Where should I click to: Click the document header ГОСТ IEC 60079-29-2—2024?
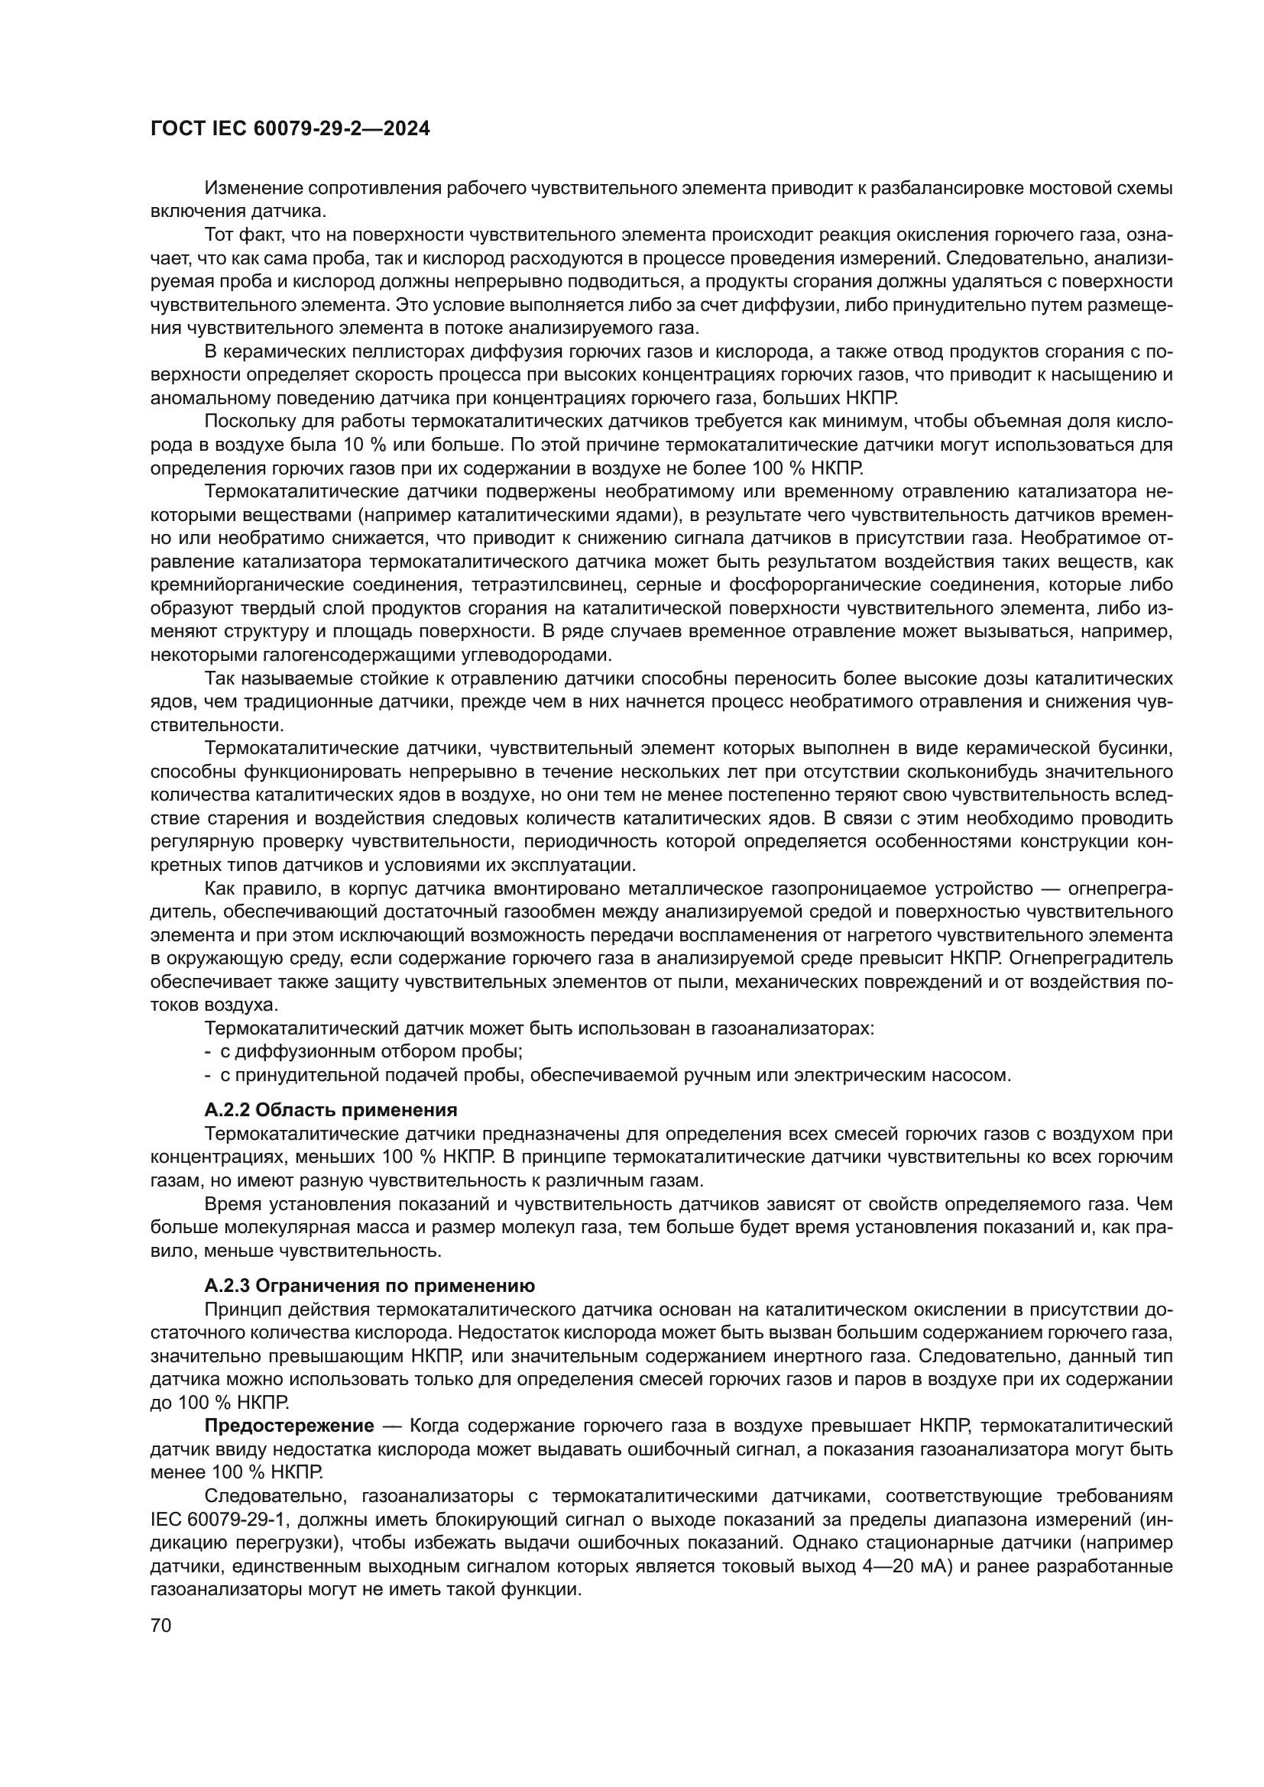click(x=290, y=129)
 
